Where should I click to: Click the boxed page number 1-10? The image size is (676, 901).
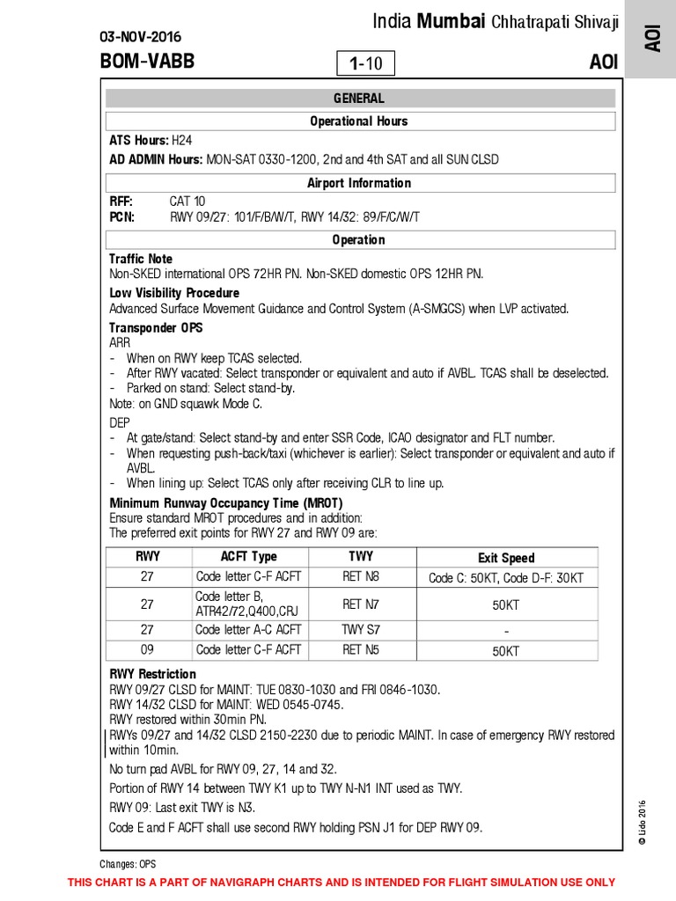pos(366,63)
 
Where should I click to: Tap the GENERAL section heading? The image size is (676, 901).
pos(358,99)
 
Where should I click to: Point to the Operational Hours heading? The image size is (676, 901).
pos(358,121)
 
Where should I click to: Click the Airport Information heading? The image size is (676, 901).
pos(358,183)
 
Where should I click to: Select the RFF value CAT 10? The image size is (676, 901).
pos(187,201)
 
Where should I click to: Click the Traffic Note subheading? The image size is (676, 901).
pos(141,259)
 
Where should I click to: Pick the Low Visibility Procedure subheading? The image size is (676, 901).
pos(174,292)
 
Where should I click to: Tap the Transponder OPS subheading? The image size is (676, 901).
pos(156,327)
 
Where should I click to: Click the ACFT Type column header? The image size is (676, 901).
pos(248,557)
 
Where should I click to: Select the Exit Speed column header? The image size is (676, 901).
pos(506,558)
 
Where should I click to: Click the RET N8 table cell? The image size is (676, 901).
pos(361,577)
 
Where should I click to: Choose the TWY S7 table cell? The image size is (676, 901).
pos(361,630)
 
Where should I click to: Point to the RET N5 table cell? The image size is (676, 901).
pos(361,650)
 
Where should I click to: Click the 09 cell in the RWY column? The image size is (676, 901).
pos(148,650)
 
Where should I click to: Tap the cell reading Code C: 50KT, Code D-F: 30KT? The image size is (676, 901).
pos(506,578)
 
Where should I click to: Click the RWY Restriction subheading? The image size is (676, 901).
pos(152,674)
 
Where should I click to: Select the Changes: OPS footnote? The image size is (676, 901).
pos(128,864)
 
